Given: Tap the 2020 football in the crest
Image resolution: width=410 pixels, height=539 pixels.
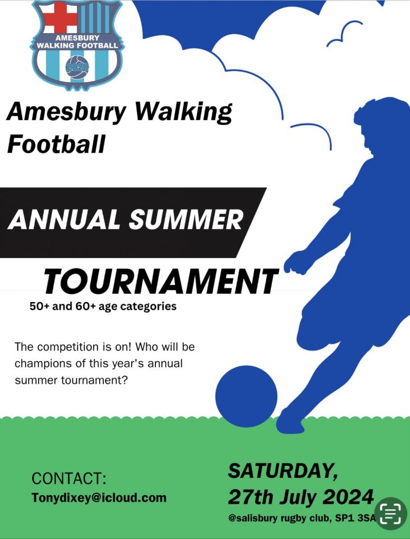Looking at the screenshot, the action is (x=77, y=67).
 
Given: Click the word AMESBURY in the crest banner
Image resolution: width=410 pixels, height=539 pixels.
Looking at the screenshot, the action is (x=77, y=37).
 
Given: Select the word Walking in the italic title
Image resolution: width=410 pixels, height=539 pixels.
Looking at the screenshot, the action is (x=183, y=112).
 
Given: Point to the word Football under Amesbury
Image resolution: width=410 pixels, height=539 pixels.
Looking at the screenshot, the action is (x=56, y=144).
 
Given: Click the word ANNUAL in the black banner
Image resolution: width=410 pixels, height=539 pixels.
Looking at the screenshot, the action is (x=64, y=219).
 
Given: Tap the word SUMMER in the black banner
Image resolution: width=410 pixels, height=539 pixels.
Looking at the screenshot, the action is (x=186, y=219).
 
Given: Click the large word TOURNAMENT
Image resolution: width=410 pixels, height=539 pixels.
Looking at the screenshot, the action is (x=160, y=282).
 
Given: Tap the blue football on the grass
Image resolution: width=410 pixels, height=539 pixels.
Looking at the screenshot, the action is (x=246, y=396).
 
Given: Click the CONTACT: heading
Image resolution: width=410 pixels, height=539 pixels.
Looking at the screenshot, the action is (x=69, y=478).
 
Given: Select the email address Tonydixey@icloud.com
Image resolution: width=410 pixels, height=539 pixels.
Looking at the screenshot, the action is (x=99, y=497).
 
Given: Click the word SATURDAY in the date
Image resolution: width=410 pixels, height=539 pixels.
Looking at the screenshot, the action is (x=282, y=471).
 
